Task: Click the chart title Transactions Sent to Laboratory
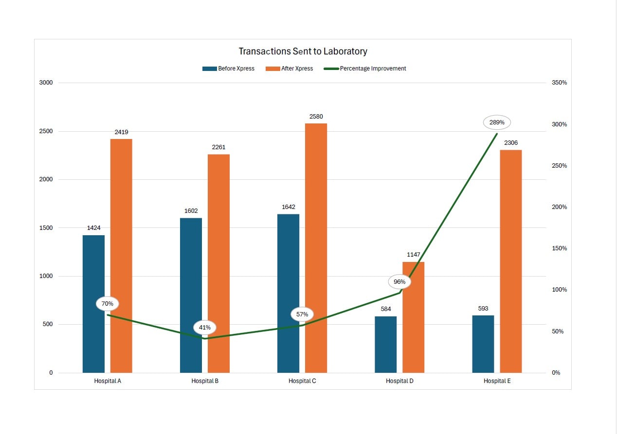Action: point(303,51)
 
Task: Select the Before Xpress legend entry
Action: point(229,69)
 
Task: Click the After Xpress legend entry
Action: point(290,69)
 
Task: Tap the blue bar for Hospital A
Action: point(93,304)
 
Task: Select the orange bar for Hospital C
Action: point(316,248)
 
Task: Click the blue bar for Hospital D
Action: point(385,345)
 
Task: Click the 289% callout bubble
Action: point(497,122)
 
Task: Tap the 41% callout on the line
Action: point(205,328)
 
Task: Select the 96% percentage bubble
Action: point(399,282)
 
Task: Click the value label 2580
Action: point(316,117)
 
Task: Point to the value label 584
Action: point(385,309)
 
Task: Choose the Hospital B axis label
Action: point(205,381)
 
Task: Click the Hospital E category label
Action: point(497,381)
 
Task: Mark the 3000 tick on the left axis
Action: point(46,83)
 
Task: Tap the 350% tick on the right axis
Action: point(559,83)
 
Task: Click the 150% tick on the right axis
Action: point(559,248)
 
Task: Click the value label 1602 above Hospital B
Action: point(191,211)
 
